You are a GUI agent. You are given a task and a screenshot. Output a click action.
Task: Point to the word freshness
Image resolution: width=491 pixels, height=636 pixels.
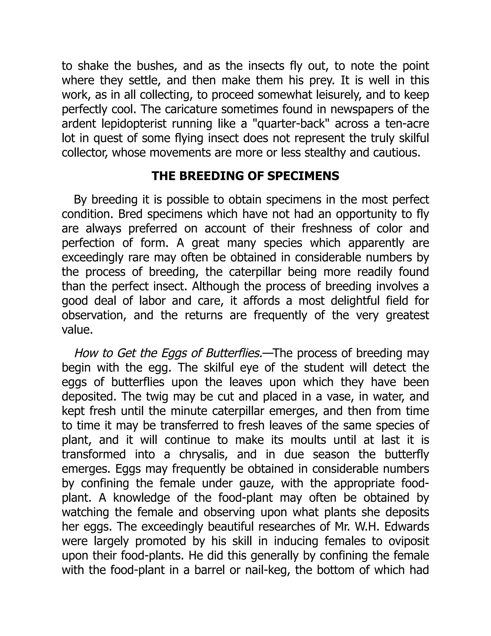click(327, 228)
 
